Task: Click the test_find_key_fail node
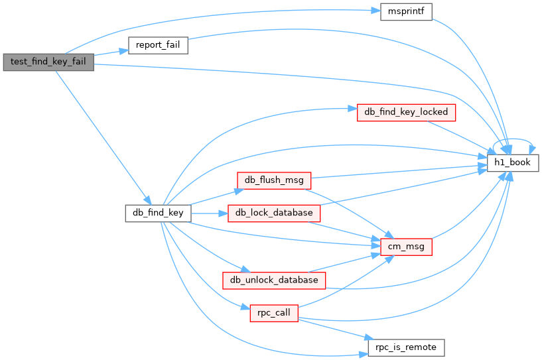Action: [x=48, y=62]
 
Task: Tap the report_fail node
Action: [x=158, y=46]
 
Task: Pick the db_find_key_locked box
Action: [x=407, y=112]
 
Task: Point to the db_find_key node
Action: [x=159, y=213]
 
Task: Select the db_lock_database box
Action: [x=274, y=213]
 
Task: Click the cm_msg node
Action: [x=407, y=247]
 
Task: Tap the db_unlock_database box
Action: [x=274, y=280]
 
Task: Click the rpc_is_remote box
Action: [x=406, y=347]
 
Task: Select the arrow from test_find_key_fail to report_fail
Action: [x=110, y=53]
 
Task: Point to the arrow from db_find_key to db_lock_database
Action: [x=209, y=213]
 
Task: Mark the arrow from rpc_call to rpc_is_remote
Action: [x=332, y=329]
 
